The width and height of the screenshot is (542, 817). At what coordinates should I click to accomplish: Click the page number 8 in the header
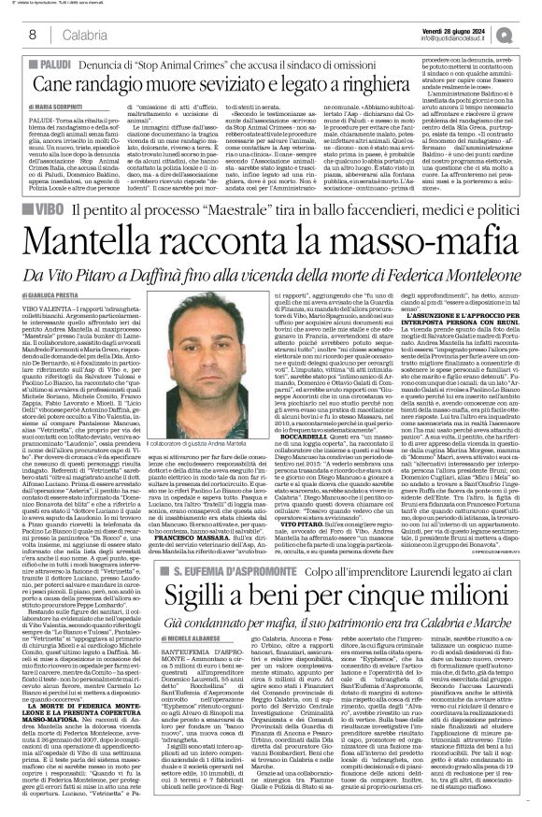[32, 35]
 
